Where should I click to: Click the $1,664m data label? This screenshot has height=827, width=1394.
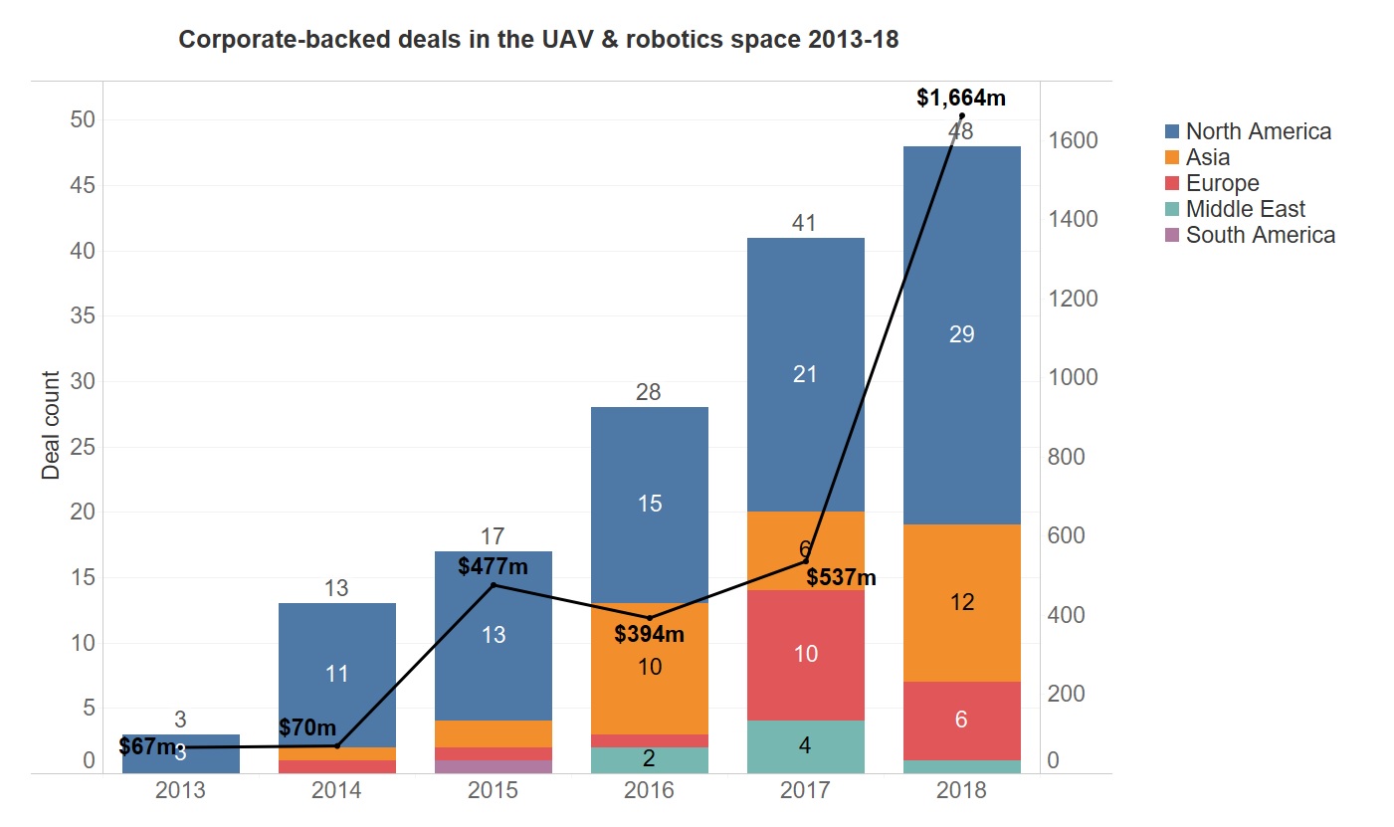[960, 98]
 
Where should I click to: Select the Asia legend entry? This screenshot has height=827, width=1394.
[1207, 157]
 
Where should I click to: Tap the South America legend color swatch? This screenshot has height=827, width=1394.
[1172, 236]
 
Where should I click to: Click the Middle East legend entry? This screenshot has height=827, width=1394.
[1245, 209]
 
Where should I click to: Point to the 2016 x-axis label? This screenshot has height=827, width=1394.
[649, 790]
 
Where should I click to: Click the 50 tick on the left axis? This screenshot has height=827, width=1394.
[81, 120]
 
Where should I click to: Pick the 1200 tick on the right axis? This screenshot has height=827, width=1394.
[1074, 299]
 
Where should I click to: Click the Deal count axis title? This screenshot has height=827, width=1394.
[51, 425]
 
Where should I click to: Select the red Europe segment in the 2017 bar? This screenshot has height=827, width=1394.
[805, 654]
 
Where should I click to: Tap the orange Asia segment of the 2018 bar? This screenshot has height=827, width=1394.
[961, 602]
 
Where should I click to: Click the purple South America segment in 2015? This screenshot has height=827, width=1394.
[494, 766]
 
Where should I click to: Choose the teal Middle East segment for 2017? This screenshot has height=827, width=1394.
[805, 745]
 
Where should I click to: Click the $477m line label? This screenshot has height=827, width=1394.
[493, 566]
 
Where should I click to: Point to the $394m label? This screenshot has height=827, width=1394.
[650, 633]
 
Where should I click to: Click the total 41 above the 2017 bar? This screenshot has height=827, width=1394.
[804, 223]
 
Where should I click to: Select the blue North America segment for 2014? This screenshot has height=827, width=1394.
[337, 674]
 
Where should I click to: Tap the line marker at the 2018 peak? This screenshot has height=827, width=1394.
[961, 116]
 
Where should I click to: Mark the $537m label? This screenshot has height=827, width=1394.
[841, 577]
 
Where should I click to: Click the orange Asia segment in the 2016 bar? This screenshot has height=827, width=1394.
[649, 668]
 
